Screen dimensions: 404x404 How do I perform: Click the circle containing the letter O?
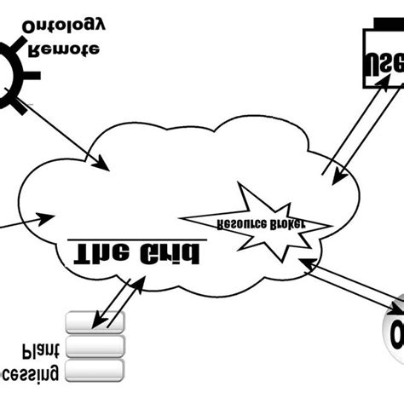point(392,328)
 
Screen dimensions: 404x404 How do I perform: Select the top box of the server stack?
point(95,321)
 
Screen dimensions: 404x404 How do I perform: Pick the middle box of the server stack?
point(95,345)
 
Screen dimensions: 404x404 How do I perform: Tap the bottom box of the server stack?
point(95,368)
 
